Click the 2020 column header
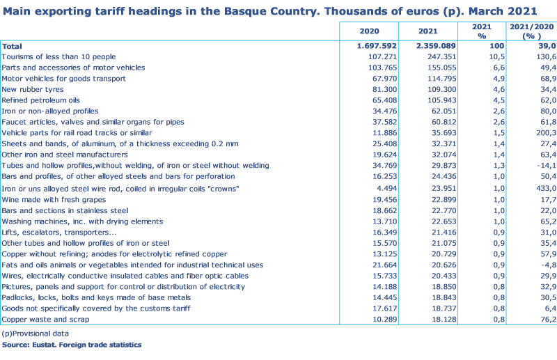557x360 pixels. coord(369,31)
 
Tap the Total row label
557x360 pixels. coord(12,45)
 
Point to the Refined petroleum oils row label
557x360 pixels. coord(41,100)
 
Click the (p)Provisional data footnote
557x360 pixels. coord(35,334)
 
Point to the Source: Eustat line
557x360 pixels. coord(72,345)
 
